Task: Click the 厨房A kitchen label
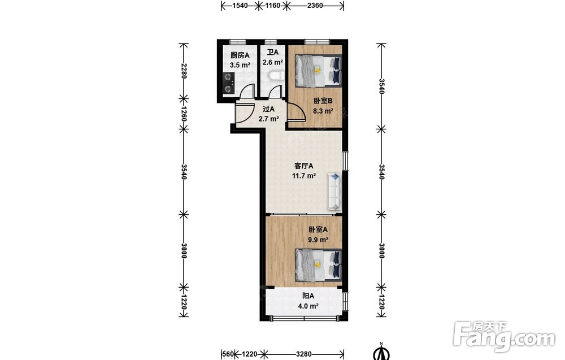tap(240, 55)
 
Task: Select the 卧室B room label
tap(323, 101)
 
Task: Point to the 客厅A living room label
tap(304, 166)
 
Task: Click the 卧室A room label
tap(318, 229)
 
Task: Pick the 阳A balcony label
tap(308, 296)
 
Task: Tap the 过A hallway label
tap(269, 109)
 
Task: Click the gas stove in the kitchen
tap(228, 83)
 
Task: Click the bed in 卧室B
tap(318, 70)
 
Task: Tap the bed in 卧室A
tap(318, 265)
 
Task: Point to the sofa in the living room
tap(334, 192)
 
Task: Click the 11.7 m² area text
tap(304, 176)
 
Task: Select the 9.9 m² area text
tap(318, 239)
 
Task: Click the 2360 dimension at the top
tap(315, 6)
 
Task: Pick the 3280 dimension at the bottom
tap(304, 354)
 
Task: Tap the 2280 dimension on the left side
tap(184, 71)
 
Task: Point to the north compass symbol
tap(383, 352)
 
